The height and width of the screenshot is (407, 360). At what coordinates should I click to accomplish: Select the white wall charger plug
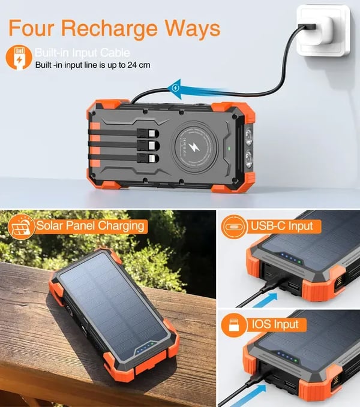tap(325, 29)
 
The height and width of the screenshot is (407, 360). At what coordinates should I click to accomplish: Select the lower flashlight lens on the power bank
tap(247, 158)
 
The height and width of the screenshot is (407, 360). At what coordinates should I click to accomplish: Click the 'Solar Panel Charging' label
tap(90, 225)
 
